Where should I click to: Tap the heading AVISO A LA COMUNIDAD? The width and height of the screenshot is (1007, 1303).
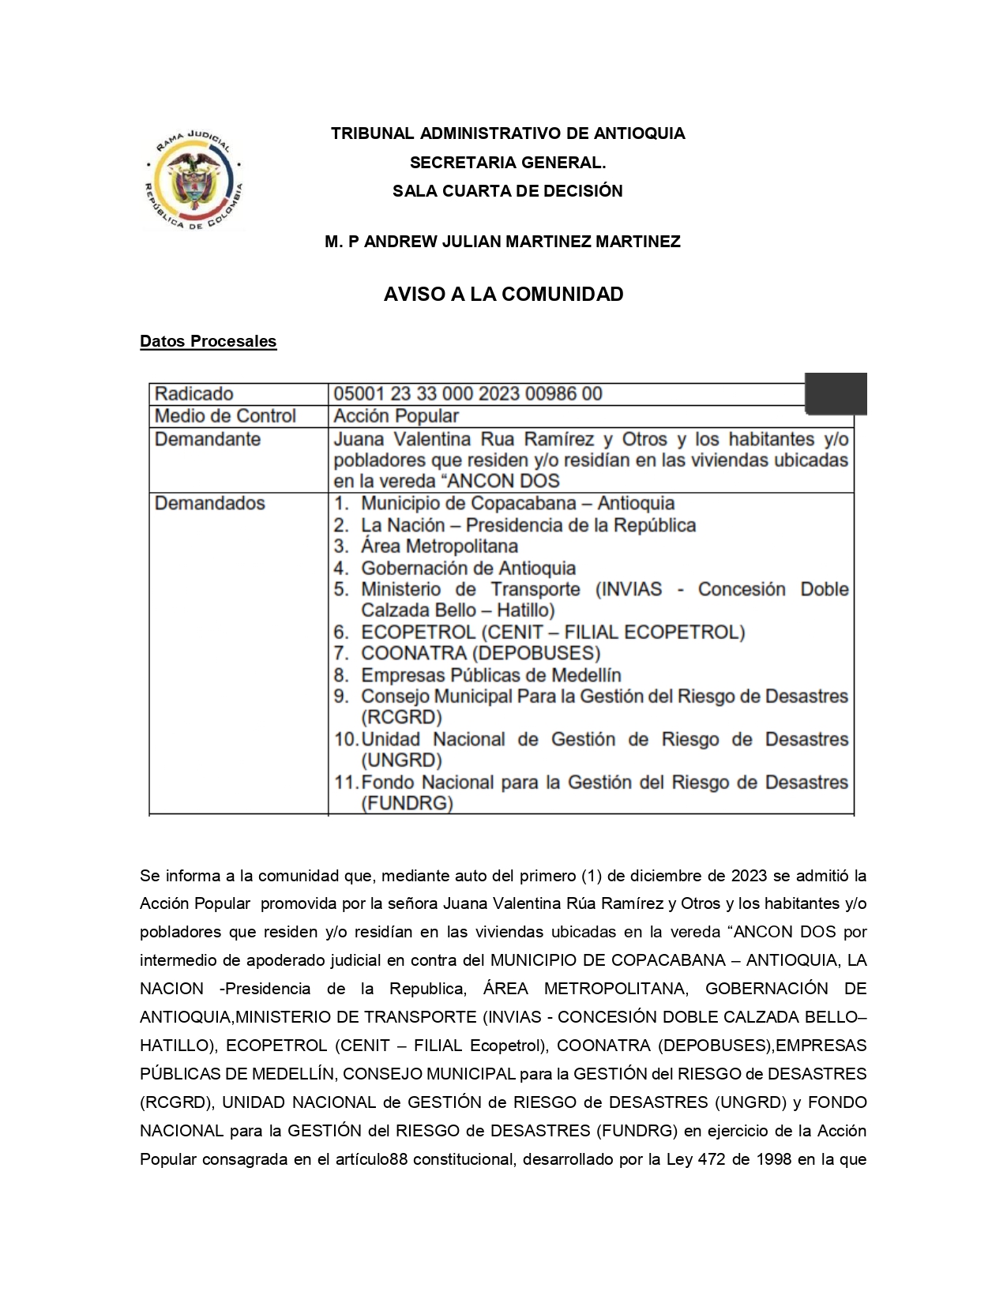(503, 295)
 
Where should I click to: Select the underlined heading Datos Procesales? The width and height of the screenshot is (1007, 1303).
(208, 341)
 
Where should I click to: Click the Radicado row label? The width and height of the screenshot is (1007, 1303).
(194, 394)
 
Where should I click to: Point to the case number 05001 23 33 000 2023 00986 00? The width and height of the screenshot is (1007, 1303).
(468, 394)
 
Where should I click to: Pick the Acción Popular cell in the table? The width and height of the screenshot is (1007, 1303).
(396, 416)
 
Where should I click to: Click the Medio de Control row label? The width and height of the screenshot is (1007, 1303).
(225, 416)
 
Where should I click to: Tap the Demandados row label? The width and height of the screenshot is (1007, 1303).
(209, 503)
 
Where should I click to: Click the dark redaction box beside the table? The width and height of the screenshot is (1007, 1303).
(836, 393)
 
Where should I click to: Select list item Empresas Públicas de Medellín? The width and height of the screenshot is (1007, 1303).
(490, 675)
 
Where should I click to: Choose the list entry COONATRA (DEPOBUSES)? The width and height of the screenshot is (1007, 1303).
(480, 653)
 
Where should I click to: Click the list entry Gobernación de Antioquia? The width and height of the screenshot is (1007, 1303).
(468, 568)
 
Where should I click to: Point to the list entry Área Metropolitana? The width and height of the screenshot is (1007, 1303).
(439, 546)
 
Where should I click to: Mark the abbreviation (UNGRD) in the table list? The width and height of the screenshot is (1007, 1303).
(401, 760)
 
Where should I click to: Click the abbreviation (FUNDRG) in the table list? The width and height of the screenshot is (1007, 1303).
(407, 804)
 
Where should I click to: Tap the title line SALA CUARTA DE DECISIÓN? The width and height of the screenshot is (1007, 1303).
(507, 191)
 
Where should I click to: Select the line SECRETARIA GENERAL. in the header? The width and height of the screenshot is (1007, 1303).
(507, 163)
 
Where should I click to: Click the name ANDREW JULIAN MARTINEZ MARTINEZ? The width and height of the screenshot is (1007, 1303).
(521, 242)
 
